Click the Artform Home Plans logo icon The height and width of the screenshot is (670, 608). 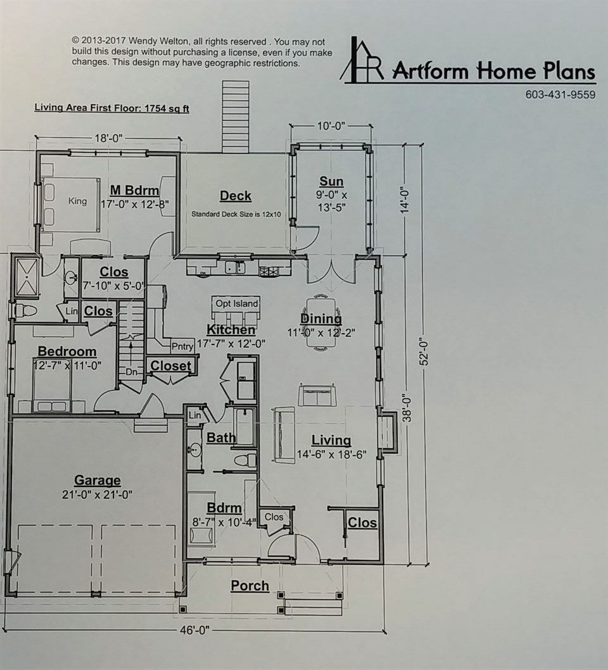(x=362, y=59)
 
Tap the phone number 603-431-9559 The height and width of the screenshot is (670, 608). (x=560, y=94)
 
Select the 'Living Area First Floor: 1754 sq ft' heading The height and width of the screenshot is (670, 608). (x=111, y=108)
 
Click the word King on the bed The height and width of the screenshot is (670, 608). (x=77, y=201)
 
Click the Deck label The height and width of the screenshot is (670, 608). (x=236, y=196)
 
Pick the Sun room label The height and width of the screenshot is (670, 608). (x=332, y=181)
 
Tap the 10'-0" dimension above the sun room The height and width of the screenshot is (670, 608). (x=331, y=125)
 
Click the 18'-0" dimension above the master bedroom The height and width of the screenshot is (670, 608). (x=108, y=138)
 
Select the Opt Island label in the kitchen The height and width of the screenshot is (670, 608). (x=236, y=304)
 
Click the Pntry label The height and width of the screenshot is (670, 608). (x=182, y=346)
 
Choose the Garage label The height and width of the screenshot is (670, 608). (x=98, y=480)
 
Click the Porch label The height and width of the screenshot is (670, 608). (x=250, y=586)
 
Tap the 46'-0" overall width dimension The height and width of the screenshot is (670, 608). (x=195, y=630)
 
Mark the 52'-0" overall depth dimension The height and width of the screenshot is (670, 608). (x=424, y=353)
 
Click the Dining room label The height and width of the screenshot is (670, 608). (x=321, y=319)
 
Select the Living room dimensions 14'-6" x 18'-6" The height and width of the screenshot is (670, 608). (x=332, y=455)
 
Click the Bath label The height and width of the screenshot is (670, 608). (x=221, y=438)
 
